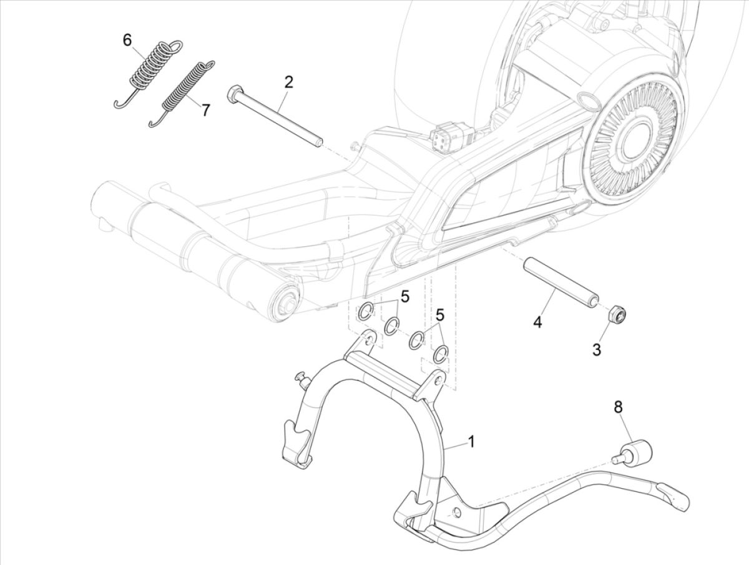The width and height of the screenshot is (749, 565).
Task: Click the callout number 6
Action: click(127, 41)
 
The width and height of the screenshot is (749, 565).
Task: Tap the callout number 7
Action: click(188, 110)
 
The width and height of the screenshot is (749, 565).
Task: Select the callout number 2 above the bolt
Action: click(288, 81)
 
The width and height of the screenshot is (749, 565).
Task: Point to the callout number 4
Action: click(537, 323)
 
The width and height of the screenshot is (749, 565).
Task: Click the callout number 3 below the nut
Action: click(597, 349)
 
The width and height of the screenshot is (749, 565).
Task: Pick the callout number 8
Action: click(618, 407)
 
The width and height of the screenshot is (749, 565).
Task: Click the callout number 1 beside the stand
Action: click(471, 442)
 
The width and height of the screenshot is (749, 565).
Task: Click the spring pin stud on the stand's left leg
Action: click(302, 377)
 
